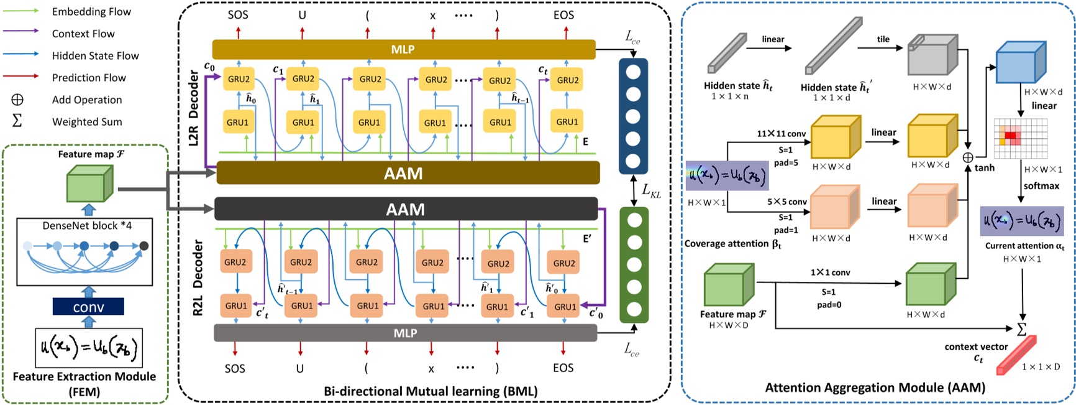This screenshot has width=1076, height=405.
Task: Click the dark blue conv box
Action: (88, 307)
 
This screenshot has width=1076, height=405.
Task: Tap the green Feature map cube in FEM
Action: (89, 184)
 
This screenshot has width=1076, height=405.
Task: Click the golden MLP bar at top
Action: (404, 50)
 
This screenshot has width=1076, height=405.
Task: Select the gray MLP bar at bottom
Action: (405, 333)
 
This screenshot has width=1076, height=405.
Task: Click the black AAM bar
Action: (406, 209)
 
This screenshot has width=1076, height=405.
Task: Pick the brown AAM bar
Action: (408, 173)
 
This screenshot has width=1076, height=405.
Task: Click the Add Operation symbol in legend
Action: (17, 100)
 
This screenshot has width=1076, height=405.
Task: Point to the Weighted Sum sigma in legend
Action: (17, 121)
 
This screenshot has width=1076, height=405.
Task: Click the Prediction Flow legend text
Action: (89, 78)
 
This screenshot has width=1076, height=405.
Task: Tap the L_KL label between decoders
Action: (650, 191)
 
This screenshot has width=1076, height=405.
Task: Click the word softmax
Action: (1041, 186)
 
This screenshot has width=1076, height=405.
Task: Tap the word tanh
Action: (984, 168)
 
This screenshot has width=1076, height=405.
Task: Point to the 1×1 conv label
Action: (830, 272)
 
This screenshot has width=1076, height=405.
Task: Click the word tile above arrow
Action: (883, 39)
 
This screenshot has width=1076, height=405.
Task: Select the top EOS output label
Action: (563, 15)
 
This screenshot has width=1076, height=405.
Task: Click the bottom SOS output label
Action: (235, 368)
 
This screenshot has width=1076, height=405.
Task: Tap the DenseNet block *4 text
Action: (87, 225)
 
